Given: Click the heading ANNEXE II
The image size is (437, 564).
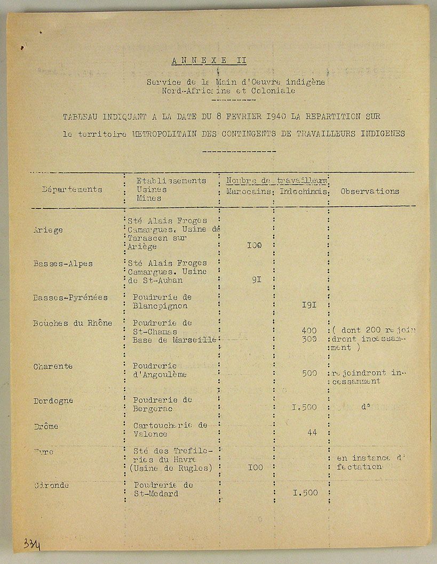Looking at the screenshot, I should click(209, 60).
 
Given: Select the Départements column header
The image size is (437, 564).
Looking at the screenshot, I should click(72, 189).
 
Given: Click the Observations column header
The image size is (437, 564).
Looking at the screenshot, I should click(370, 191).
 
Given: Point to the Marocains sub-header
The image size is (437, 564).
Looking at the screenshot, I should click(248, 191).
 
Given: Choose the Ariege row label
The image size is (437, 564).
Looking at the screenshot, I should click(48, 230).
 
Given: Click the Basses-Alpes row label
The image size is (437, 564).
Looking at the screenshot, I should click(63, 263).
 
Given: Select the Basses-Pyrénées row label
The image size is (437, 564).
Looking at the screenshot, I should click(70, 297).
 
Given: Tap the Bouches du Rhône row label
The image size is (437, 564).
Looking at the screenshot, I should click(73, 323).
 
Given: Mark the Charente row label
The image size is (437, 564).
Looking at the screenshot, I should click(53, 366).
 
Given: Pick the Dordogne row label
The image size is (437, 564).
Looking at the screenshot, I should click(53, 400).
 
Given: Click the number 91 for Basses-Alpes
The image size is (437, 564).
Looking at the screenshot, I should click(256, 279).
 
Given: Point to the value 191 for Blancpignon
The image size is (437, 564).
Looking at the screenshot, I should click(309, 305).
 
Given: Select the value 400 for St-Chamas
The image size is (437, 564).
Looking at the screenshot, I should click(309, 331).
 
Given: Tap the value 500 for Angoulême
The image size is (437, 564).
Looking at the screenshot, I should click(309, 373).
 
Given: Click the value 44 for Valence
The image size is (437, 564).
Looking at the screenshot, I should click(312, 432).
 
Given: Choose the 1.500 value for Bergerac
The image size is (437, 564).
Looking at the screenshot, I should click(305, 407).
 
